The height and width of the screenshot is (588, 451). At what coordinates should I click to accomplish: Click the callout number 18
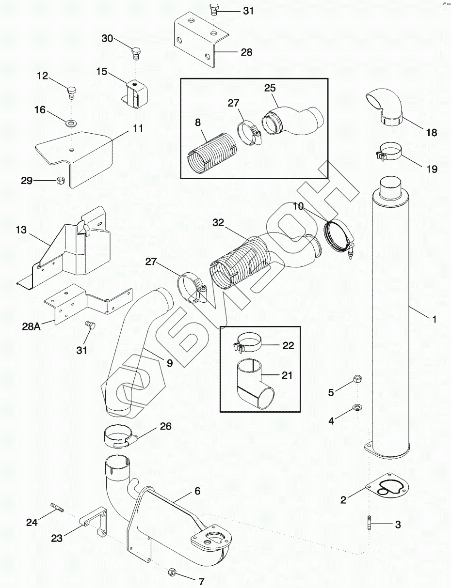click(x=432, y=132)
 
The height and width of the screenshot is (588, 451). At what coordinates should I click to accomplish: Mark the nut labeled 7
click(x=172, y=573)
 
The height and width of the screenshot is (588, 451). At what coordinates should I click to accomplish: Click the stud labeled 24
click(x=56, y=509)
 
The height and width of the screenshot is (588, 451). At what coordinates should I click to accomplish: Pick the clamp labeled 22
click(x=249, y=342)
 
